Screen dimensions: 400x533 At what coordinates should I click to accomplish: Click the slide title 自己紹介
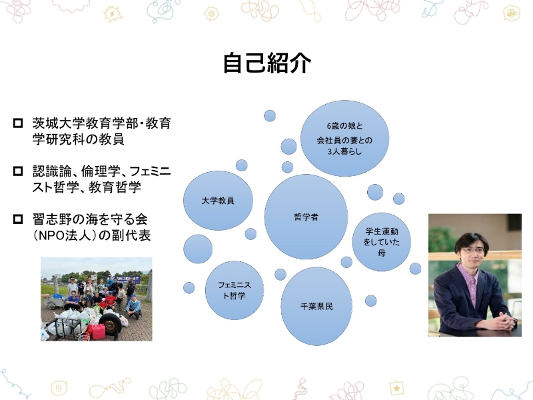(x=266, y=63)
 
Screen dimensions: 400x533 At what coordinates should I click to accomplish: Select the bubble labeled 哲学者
(x=306, y=216)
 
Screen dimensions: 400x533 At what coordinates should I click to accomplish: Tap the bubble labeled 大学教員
(x=217, y=200)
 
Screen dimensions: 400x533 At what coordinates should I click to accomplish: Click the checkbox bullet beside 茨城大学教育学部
(x=18, y=124)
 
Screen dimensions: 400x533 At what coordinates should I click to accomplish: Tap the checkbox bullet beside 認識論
(x=18, y=171)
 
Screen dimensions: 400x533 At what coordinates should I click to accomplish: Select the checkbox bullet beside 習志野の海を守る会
(x=18, y=219)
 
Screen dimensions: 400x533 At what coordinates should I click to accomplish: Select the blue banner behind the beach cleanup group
(x=121, y=275)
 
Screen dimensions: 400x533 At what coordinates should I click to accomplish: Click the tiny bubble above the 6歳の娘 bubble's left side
(x=270, y=115)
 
